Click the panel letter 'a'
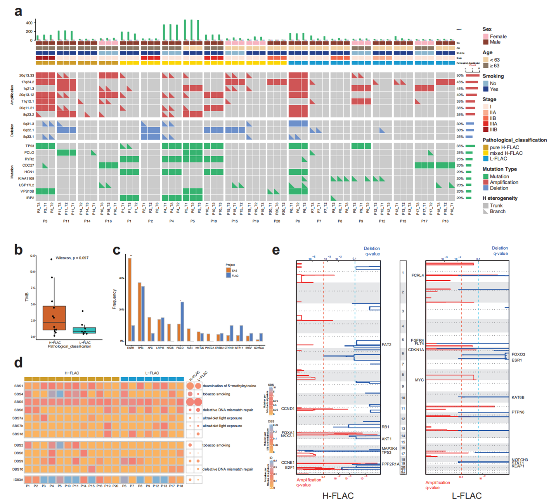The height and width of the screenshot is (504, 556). pyautogui.click(x=18, y=12)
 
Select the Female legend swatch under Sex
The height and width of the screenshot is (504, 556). pyautogui.click(x=485, y=36)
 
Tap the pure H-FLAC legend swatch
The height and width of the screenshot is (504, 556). pyautogui.click(x=485, y=147)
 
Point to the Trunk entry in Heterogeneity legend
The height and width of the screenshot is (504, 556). pyautogui.click(x=485, y=205)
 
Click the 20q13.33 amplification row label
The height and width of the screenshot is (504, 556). pyautogui.click(x=27, y=76)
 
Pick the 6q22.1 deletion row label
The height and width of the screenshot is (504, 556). pyautogui.click(x=28, y=130)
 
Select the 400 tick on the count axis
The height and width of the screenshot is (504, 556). pyautogui.click(x=29, y=23)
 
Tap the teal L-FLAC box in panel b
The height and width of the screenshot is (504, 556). pyautogui.click(x=85, y=330)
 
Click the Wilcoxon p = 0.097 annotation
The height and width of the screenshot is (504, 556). pyautogui.click(x=72, y=258)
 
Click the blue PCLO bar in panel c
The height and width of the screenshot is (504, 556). pyautogui.click(x=182, y=321)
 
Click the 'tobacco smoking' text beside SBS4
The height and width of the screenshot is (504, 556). pyautogui.click(x=216, y=394)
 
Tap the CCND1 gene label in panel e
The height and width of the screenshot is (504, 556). pyautogui.click(x=288, y=409)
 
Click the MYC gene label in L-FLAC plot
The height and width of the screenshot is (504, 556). pyautogui.click(x=419, y=380)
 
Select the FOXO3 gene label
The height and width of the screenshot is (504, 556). pyautogui.click(x=518, y=354)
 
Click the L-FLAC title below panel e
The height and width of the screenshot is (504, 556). pyautogui.click(x=467, y=496)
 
